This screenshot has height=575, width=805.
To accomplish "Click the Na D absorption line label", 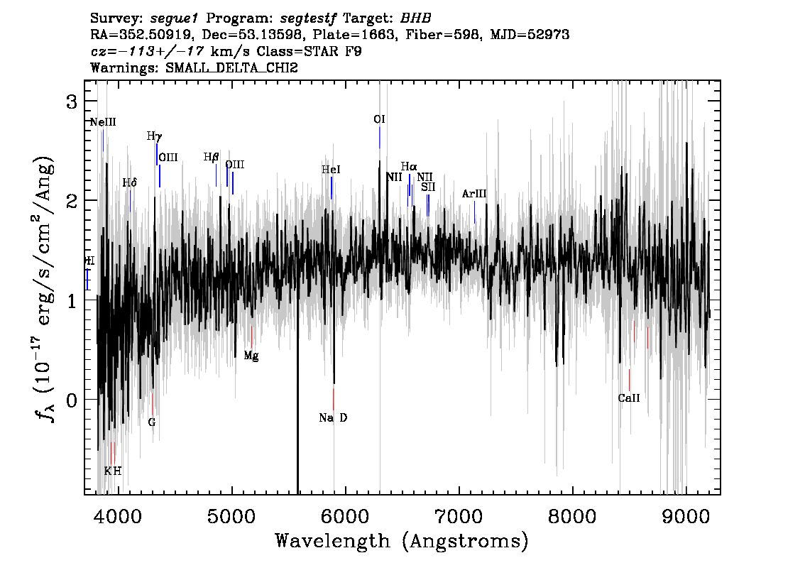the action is [333, 418].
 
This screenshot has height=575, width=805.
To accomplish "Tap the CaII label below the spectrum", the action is [629, 398].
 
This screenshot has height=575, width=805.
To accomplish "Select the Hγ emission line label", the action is [154, 136].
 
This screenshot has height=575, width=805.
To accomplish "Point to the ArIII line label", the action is [474, 194].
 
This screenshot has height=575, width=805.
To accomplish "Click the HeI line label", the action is [331, 170].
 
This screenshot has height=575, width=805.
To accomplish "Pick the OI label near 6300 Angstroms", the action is [379, 119].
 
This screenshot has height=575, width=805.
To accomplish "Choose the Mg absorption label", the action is [251, 356].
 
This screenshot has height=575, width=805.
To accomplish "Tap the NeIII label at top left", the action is [103, 122].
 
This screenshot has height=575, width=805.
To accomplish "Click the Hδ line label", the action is [130, 182].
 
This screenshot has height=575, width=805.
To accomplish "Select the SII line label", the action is [428, 187].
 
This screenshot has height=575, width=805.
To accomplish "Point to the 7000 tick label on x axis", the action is [459, 516].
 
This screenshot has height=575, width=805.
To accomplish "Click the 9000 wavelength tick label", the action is [685, 516].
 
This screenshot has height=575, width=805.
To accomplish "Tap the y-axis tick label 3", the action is [72, 102].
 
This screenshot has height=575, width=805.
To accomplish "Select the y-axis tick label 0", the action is [72, 400].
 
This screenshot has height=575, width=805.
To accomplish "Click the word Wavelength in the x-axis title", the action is [333, 541].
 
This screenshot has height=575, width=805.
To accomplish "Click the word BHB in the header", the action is [416, 18].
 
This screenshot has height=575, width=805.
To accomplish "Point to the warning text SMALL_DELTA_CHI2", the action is [231, 67].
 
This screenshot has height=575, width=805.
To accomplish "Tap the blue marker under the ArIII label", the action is [474, 212].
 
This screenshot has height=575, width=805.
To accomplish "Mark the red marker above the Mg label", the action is [251, 336].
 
